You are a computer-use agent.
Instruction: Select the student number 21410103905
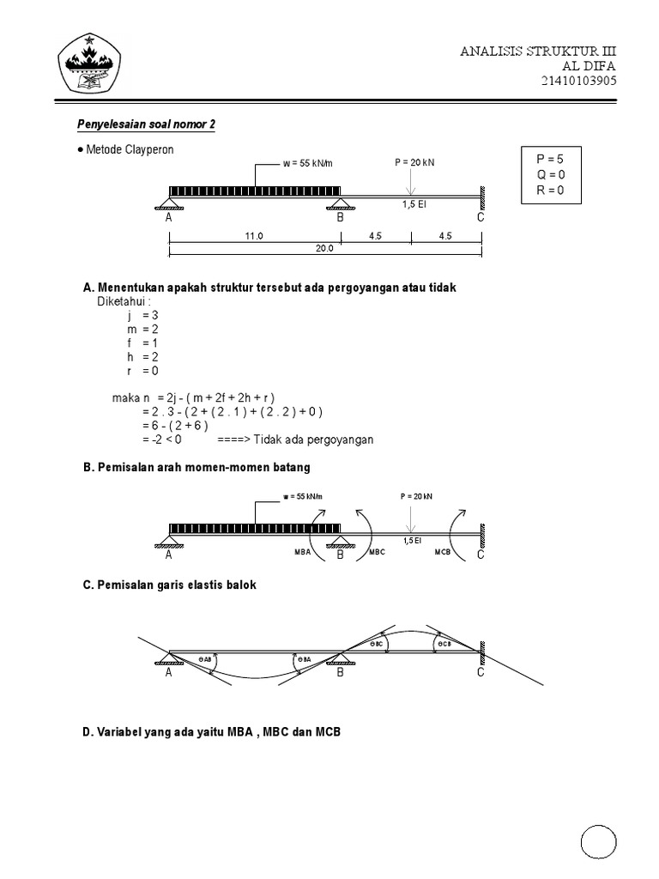[x=578, y=82]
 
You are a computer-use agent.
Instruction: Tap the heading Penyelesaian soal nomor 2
[x=147, y=124]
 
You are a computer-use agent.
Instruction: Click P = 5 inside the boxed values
[x=550, y=159]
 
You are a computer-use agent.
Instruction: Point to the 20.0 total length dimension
[x=323, y=249]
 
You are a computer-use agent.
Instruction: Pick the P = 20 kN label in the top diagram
[x=414, y=161]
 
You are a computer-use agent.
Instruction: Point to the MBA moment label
[x=302, y=554]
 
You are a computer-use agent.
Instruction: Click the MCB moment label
[x=443, y=554]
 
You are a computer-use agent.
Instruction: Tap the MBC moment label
[x=378, y=554]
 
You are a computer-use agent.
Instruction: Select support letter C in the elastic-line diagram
[x=481, y=672]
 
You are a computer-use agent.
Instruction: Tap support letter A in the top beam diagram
[x=169, y=218]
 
